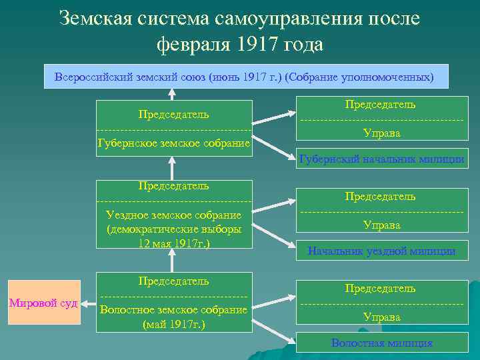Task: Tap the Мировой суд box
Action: [x=43, y=303]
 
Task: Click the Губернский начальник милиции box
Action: [x=382, y=159]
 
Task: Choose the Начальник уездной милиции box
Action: [x=381, y=251]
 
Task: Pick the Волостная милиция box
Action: [x=381, y=343]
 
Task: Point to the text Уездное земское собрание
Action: [x=173, y=215]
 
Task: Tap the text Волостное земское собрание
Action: [x=173, y=309]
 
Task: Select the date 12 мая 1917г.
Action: [x=173, y=243]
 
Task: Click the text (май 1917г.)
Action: [x=173, y=325]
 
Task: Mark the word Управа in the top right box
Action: [x=381, y=133]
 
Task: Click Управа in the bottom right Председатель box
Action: [x=381, y=317]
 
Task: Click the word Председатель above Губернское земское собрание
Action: [x=173, y=114]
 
